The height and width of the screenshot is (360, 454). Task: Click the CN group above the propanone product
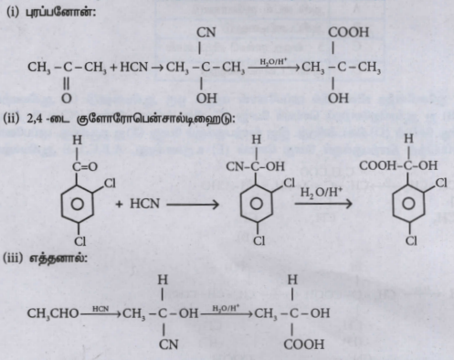[206, 32]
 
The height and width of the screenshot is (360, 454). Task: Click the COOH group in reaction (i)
[348, 32]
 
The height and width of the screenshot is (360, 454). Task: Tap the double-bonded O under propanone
[67, 98]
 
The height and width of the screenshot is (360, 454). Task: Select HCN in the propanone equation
[134, 67]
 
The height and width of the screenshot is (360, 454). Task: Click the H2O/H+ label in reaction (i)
[273, 61]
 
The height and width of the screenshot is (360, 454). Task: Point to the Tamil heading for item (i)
[60, 13]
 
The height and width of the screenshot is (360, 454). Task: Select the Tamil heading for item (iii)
[58, 259]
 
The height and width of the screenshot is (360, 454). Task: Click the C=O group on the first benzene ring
[85, 166]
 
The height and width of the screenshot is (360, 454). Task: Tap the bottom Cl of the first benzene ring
[80, 241]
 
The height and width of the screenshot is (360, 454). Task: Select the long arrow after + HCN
[193, 205]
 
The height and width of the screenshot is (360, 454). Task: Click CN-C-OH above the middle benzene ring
[255, 166]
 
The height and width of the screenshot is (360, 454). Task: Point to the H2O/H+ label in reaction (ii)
[322, 193]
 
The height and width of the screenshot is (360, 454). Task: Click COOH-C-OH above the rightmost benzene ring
[398, 165]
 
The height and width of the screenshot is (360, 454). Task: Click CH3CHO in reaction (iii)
[53, 313]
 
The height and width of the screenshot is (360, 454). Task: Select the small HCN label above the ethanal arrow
[100, 309]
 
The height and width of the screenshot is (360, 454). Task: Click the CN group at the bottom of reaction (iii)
[168, 344]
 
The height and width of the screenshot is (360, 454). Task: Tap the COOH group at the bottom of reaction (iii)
[304, 344]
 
